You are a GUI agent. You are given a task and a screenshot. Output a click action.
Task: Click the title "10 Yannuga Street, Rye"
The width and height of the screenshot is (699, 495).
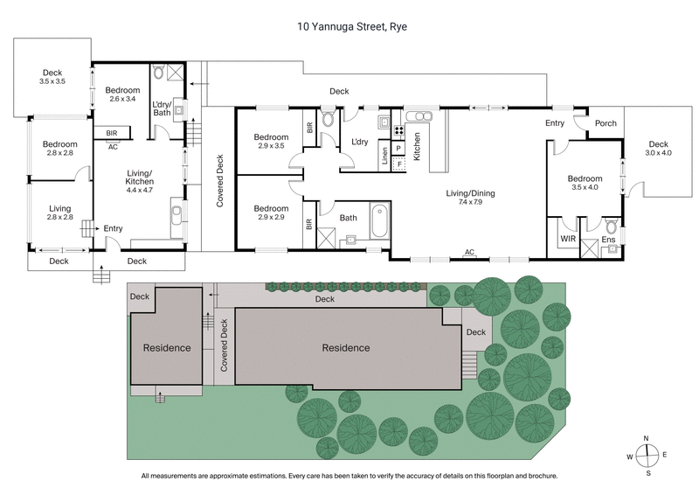tap(349, 27)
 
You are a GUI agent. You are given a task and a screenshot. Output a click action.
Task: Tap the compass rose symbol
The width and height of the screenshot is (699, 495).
tap(647, 456)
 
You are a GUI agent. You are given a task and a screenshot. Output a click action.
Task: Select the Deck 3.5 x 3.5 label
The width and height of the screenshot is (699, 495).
tap(52, 77)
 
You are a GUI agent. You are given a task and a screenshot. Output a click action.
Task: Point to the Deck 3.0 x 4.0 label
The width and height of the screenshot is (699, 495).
tap(658, 150)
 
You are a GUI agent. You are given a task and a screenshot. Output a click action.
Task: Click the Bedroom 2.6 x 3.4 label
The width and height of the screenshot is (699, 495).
tap(122, 95)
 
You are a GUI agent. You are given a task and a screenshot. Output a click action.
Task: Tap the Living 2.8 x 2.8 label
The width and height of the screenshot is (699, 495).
tap(60, 213)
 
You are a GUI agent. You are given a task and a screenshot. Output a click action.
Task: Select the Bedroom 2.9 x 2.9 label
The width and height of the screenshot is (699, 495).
tap(271, 213)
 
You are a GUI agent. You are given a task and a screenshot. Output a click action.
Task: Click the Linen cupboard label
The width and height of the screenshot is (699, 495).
tap(384, 157)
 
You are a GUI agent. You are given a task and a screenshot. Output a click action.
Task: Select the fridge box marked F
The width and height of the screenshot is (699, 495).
tap(399, 164)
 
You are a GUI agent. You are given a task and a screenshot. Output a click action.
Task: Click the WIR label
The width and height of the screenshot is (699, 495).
tap(566, 238)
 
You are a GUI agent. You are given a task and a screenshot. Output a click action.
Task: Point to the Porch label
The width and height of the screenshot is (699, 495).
tap(606, 123)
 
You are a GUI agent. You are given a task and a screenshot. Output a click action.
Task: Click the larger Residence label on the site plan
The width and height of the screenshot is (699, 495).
tap(345, 347)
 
